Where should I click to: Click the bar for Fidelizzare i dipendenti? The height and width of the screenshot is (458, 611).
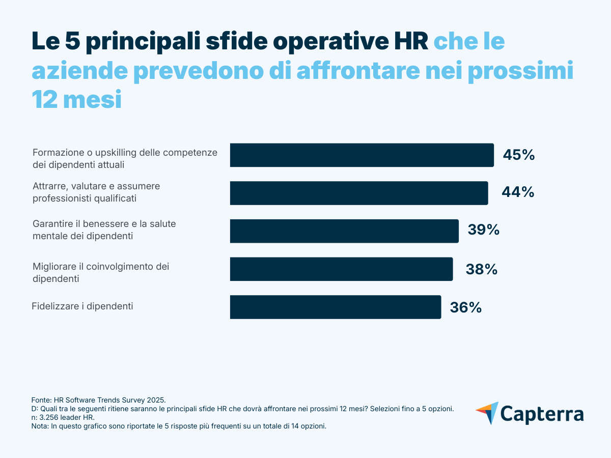(335, 307)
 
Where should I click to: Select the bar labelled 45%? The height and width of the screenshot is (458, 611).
(362, 155)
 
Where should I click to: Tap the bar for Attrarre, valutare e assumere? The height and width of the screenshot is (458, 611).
(358, 193)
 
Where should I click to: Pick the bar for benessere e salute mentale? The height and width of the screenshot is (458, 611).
(344, 231)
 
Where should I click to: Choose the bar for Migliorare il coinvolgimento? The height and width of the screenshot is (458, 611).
(341, 269)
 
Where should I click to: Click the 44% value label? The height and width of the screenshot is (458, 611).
(518, 192)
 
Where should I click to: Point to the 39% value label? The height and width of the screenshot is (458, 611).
(483, 230)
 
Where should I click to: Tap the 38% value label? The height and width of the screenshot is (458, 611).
(481, 269)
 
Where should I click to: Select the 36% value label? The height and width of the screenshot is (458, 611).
(465, 307)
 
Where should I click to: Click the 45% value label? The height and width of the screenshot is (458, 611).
(518, 155)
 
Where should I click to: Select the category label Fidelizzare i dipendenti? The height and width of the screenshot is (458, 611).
(82, 306)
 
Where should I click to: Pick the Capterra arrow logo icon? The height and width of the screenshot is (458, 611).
(487, 413)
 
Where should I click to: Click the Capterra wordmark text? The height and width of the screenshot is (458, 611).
(542, 413)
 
